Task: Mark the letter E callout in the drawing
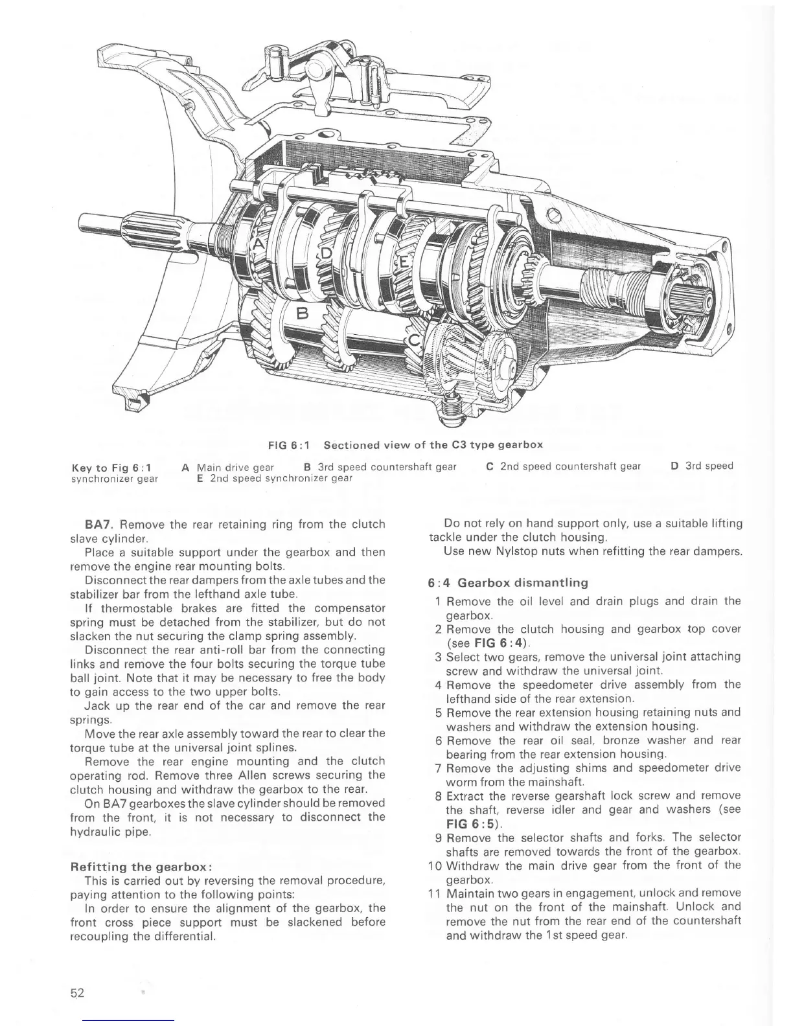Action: click(404, 262)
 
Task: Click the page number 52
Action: click(78, 993)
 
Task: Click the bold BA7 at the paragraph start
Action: click(100, 524)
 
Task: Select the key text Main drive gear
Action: click(235, 466)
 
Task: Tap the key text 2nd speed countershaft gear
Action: click(570, 466)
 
